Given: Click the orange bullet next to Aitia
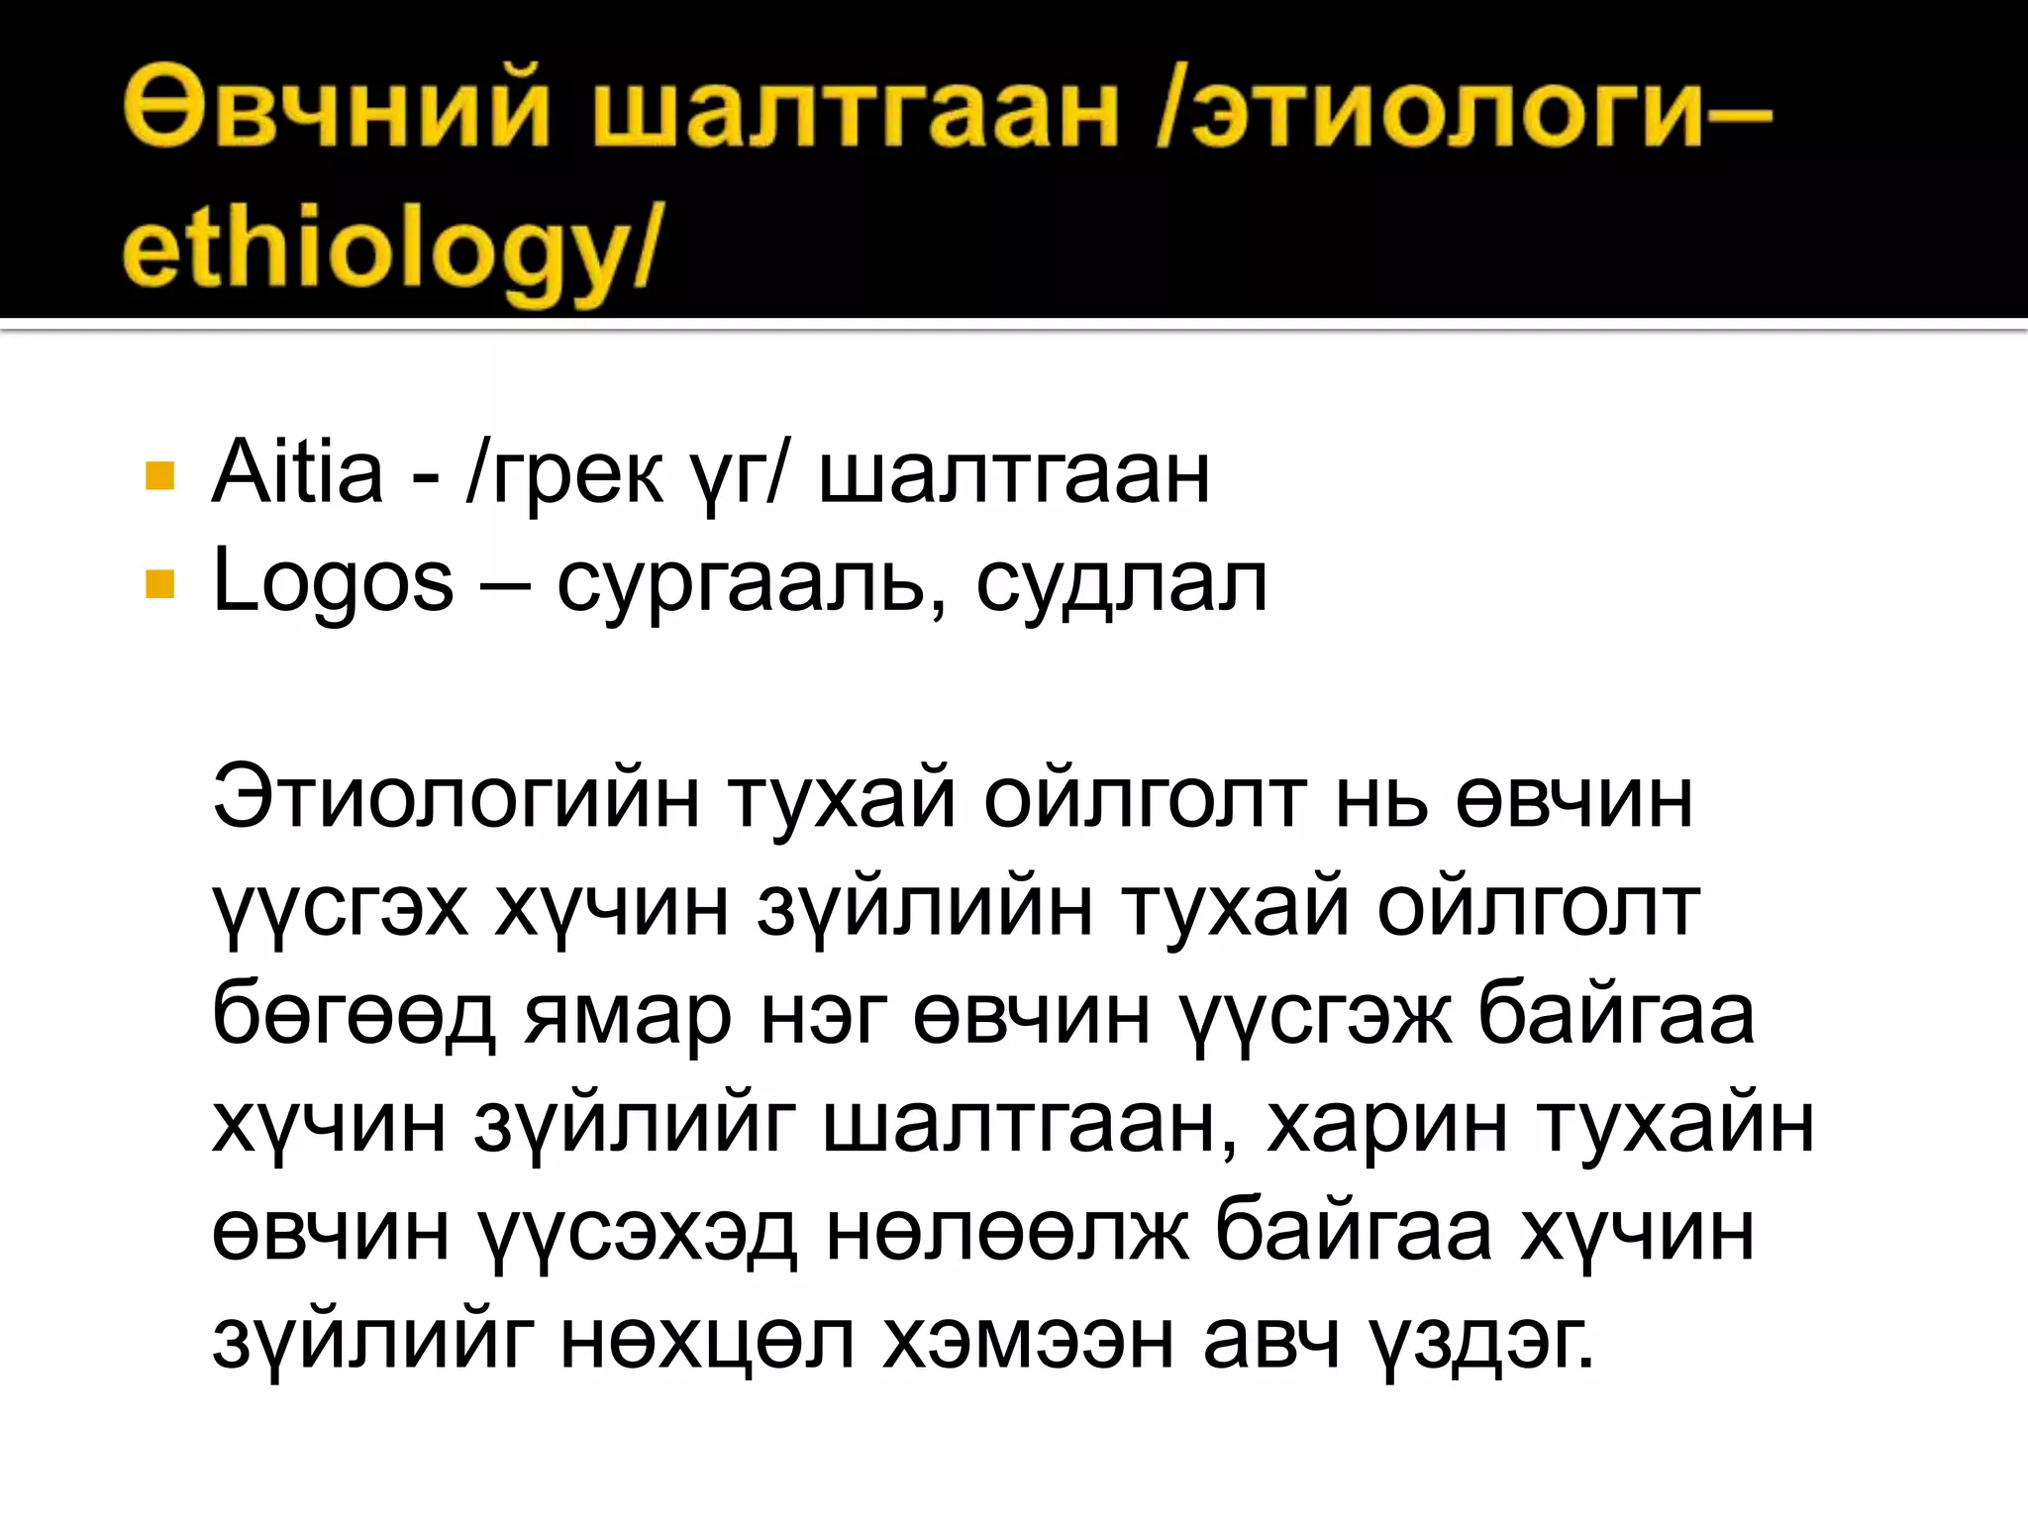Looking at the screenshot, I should click(158, 475).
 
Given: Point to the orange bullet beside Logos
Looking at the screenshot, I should click(158, 584).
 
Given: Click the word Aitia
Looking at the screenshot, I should click(297, 473).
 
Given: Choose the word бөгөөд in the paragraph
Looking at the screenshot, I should click(354, 1017).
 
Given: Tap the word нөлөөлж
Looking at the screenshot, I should click(1007, 1234).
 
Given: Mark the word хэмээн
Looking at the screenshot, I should click(1028, 1342).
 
